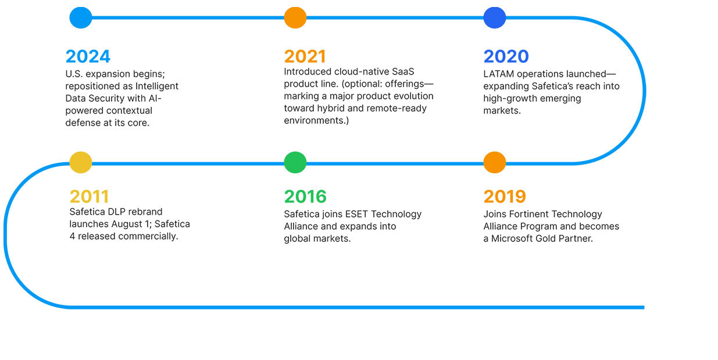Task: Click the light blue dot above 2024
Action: pyautogui.click(x=81, y=17)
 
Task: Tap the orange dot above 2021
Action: pyautogui.click(x=295, y=17)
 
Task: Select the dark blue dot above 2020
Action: pyautogui.click(x=495, y=17)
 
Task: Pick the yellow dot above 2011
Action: pyautogui.click(x=81, y=162)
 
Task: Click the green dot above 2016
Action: pyautogui.click(x=295, y=162)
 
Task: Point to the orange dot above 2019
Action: pyautogui.click(x=495, y=162)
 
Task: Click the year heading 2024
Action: pyautogui.click(x=88, y=56)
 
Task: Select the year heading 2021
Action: pyautogui.click(x=305, y=56)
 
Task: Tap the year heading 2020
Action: pyautogui.click(x=506, y=56)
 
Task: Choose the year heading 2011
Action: pyautogui.click(x=89, y=196)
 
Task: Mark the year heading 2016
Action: pyautogui.click(x=305, y=196)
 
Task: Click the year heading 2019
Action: pyautogui.click(x=505, y=196)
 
